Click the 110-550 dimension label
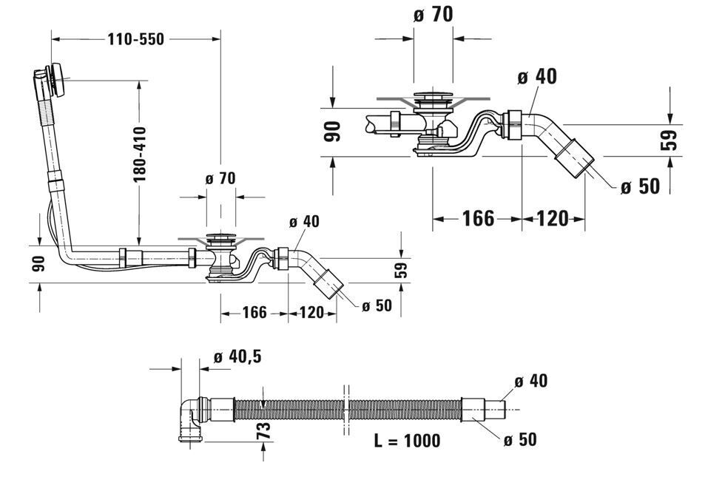(x=135, y=39)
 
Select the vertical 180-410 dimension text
(x=140, y=155)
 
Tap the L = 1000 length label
(x=407, y=440)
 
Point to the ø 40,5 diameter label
(x=237, y=357)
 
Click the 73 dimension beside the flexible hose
(x=265, y=430)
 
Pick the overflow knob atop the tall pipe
(x=57, y=79)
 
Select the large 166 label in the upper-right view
(x=478, y=219)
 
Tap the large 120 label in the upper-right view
(x=553, y=219)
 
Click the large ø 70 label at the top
(x=433, y=15)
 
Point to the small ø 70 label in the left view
(x=220, y=179)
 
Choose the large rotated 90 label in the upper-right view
(x=333, y=132)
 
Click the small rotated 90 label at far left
(x=38, y=264)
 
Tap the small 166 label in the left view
(x=254, y=313)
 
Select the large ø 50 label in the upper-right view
(x=640, y=186)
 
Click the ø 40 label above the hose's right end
(x=531, y=381)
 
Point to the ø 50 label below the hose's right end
(x=521, y=439)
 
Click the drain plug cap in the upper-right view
(x=434, y=96)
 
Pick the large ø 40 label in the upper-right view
(x=537, y=76)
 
